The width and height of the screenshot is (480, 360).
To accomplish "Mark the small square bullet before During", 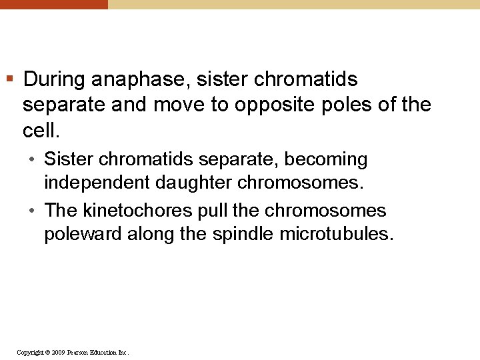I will click(x=9, y=80).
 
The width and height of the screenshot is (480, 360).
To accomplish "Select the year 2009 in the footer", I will click(x=57, y=352).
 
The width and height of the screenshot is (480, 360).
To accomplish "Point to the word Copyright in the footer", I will click(x=29, y=352).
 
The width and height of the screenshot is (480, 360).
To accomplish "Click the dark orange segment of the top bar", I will click(x=53, y=4).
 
